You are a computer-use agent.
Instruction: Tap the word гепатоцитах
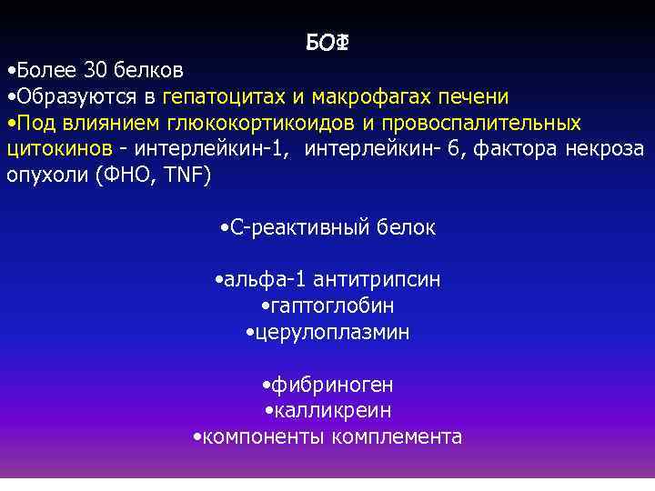221,96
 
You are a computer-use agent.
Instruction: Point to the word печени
476,96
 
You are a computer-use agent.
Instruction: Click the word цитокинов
58,148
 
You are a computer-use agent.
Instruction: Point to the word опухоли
45,175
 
